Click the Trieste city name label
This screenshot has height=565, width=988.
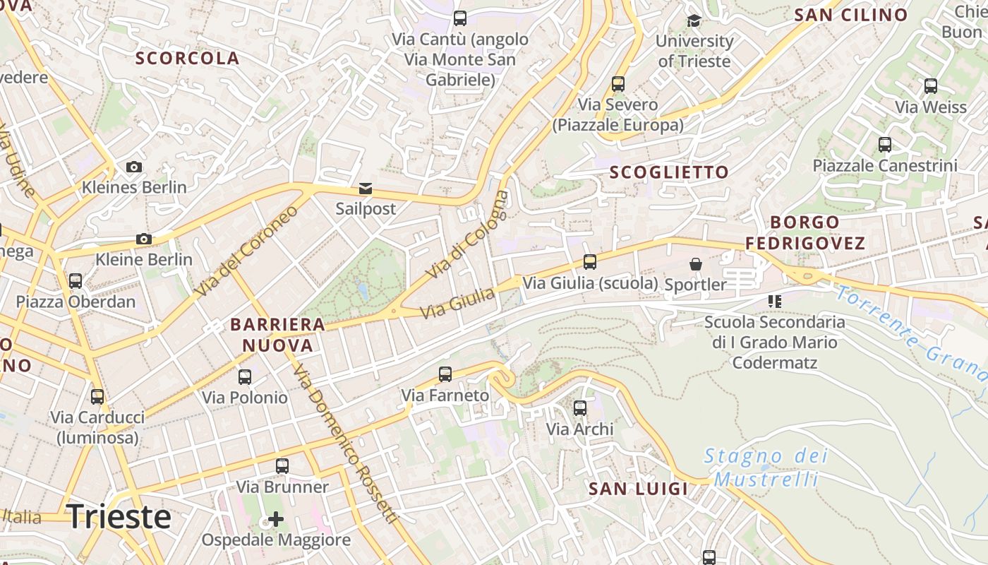pyautogui.click(x=119, y=517)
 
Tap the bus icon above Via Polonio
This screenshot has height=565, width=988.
pyautogui.click(x=245, y=377)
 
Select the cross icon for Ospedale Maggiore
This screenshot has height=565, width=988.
pyautogui.click(x=276, y=520)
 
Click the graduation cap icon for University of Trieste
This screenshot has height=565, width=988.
pyautogui.click(x=694, y=20)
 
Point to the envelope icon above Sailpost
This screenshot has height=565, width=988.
pyautogui.click(x=366, y=189)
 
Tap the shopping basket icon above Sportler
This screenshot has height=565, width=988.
pyautogui.click(x=696, y=264)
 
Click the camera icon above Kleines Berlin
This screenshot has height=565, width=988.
pyautogui.click(x=134, y=167)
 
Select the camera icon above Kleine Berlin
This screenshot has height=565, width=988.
pyautogui.click(x=144, y=239)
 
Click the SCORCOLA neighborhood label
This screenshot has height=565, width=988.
pyautogui.click(x=188, y=59)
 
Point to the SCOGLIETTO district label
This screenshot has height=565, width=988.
pyautogui.click(x=668, y=172)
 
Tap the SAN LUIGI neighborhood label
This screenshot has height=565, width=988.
pyautogui.click(x=638, y=489)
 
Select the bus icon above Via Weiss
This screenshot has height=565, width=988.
pyautogui.click(x=931, y=86)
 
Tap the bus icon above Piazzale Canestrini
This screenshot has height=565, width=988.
pyautogui.click(x=885, y=145)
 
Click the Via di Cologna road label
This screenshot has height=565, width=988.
pyautogui.click(x=467, y=234)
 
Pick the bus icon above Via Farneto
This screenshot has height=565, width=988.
pyautogui.click(x=445, y=374)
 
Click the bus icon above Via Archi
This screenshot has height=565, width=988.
pyautogui.click(x=580, y=408)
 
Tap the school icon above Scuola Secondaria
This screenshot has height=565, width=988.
pyautogui.click(x=775, y=302)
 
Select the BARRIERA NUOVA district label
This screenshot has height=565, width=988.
pyautogui.click(x=277, y=335)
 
